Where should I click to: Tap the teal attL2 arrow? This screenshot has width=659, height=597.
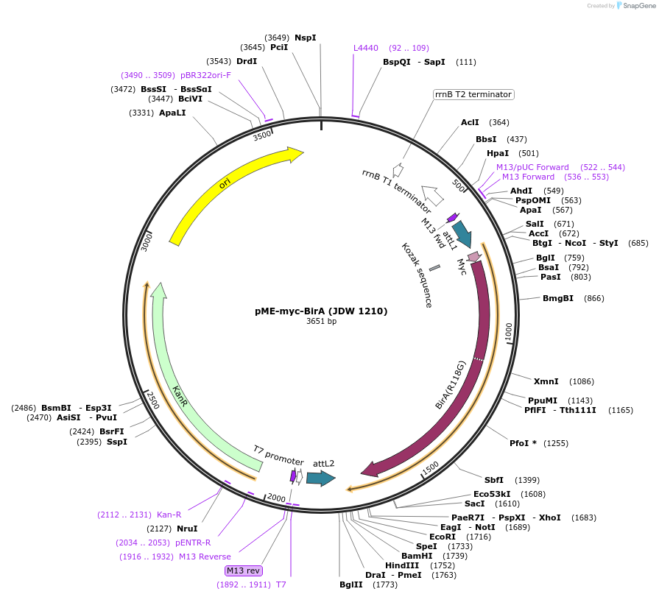click(x=320, y=478)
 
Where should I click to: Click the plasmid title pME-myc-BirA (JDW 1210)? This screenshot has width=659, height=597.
click(x=321, y=311)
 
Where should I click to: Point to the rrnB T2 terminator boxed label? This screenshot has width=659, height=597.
click(x=473, y=94)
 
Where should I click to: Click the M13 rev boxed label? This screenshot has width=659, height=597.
click(x=244, y=570)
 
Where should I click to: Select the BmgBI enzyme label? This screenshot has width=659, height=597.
click(x=558, y=298)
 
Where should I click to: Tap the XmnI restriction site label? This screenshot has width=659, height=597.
click(x=546, y=381)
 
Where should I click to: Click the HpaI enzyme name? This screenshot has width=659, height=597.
click(x=498, y=153)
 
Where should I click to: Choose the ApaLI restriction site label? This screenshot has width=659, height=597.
click(x=172, y=113)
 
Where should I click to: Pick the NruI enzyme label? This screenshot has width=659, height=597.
click(x=187, y=528)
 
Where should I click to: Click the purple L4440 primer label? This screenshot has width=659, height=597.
click(x=366, y=48)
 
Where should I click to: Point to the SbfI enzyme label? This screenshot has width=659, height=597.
click(x=493, y=480)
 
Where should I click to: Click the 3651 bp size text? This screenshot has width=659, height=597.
click(x=321, y=322)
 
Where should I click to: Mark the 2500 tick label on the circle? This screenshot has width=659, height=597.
click(x=153, y=400)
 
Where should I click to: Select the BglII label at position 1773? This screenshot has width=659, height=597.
click(x=350, y=584)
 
